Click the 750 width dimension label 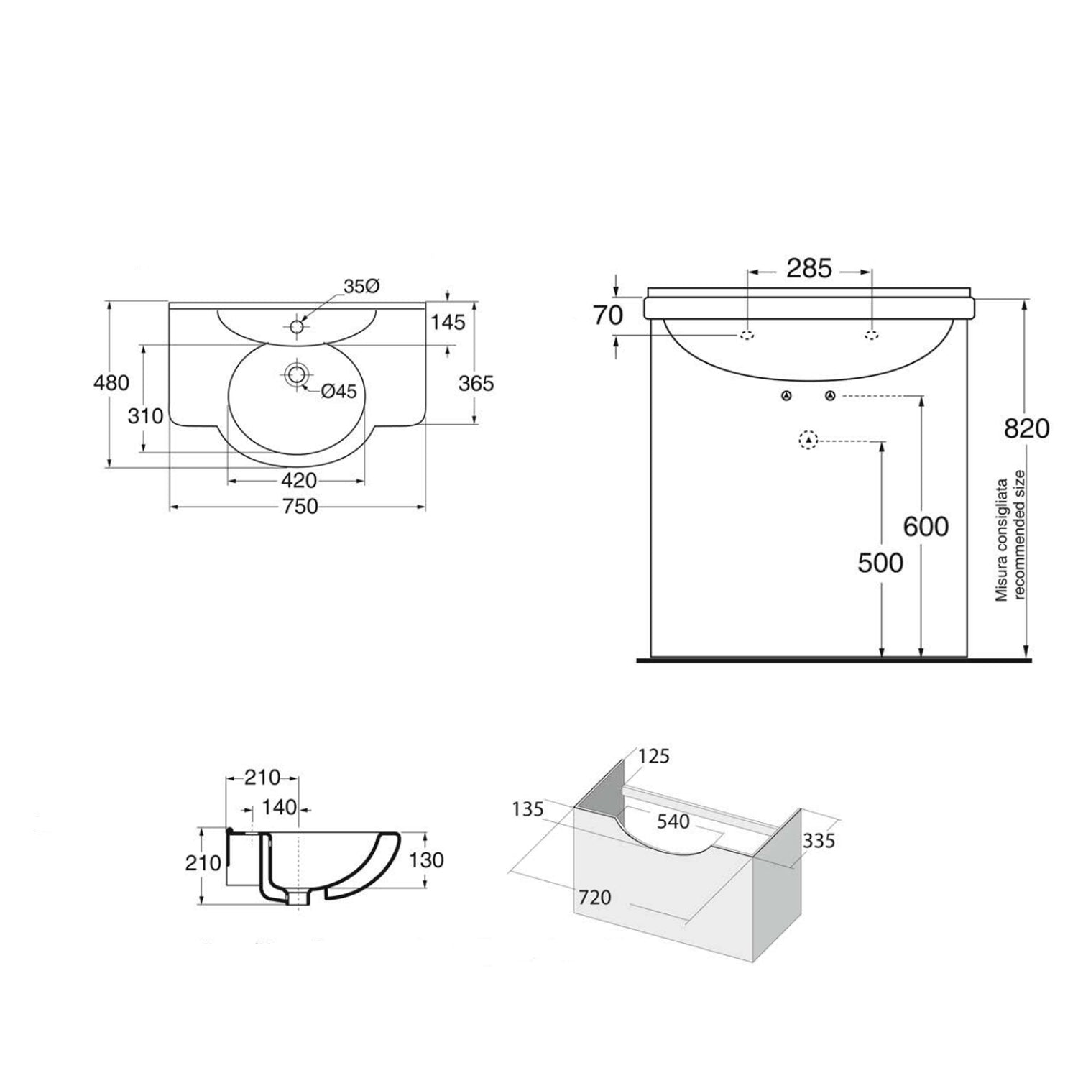coord(300,507)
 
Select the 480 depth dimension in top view coord(111,382)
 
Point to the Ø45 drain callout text coord(338,391)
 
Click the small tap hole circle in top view coord(298,326)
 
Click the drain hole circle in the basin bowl coord(296,374)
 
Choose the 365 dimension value coord(476,384)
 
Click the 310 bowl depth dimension coord(146,415)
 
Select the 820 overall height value coord(1026,429)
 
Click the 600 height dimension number coord(926,527)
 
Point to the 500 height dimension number coord(880,563)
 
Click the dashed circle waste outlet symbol coord(809,440)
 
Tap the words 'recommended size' coord(1020,535)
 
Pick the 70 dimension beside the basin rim coord(608,315)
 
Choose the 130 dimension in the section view coord(428,860)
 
